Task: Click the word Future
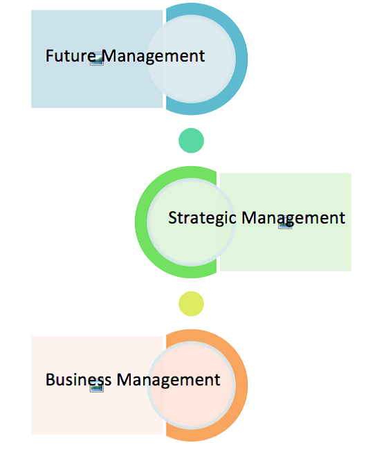pyautogui.click(x=71, y=55)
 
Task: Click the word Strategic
pyautogui.click(x=202, y=218)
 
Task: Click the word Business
pyautogui.click(x=78, y=379)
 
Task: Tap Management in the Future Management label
pyautogui.click(x=154, y=57)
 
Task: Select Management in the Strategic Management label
pyautogui.click(x=293, y=219)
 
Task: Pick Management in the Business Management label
pyautogui.click(x=168, y=381)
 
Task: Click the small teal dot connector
pyautogui.click(x=191, y=140)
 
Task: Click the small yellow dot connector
pyautogui.click(x=191, y=304)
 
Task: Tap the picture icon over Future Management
pyautogui.click(x=97, y=59)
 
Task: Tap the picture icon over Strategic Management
pyautogui.click(x=285, y=222)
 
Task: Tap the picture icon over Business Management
pyautogui.click(x=97, y=385)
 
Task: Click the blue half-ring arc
pyautogui.click(x=241, y=59)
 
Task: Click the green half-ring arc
pyautogui.click(x=141, y=222)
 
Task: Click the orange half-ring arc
pyautogui.click(x=241, y=385)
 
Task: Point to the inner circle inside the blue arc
pyautogui.click(x=191, y=81)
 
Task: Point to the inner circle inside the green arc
pyautogui.click(x=191, y=246)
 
